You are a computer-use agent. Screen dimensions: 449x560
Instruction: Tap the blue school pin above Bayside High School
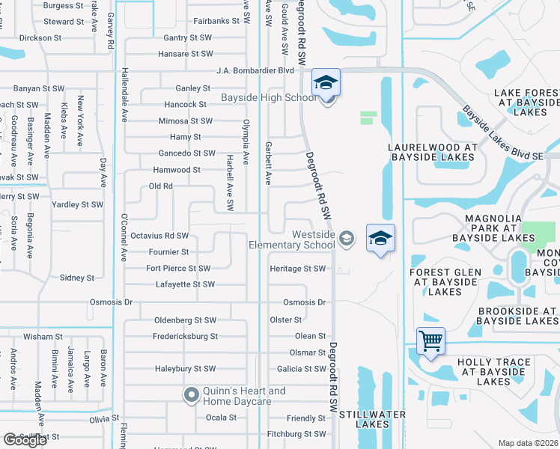pyautogui.click(x=326, y=83)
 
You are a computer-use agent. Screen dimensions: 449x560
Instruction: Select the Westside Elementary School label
pyautogui.click(x=292, y=239)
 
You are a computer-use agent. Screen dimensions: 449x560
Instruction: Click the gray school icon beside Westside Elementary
pyautogui.click(x=346, y=239)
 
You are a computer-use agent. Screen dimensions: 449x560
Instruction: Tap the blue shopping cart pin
pyautogui.click(x=431, y=341)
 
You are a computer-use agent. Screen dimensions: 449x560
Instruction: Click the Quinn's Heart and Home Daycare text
pyautogui.click(x=244, y=396)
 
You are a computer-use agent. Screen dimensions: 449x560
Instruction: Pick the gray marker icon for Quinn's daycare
pyautogui.click(x=191, y=394)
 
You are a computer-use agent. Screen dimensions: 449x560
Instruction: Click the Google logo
pyautogui.click(x=25, y=440)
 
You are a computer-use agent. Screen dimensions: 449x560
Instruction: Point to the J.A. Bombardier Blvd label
pyautogui.click(x=255, y=70)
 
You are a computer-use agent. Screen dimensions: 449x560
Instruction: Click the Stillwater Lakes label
pyautogui.click(x=372, y=419)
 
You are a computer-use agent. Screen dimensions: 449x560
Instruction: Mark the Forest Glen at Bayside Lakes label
pyautogui.click(x=445, y=282)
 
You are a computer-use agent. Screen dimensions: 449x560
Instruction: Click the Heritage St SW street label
pyautogui.click(x=298, y=269)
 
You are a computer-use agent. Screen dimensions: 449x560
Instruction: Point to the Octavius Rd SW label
pyautogui.click(x=159, y=236)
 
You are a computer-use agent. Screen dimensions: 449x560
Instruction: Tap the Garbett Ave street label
pyautogui.click(x=267, y=163)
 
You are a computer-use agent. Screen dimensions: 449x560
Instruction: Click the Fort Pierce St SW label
pyautogui.click(x=178, y=269)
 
